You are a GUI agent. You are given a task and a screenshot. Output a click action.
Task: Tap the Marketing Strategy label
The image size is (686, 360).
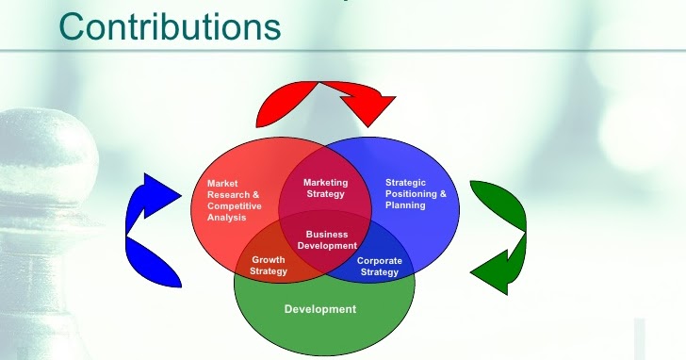(326, 188)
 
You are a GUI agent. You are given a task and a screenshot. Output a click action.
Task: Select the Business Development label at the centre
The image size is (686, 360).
(327, 239)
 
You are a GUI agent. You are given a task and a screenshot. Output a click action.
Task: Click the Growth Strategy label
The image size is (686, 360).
(269, 265)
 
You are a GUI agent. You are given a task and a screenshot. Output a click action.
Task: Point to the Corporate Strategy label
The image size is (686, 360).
(380, 266)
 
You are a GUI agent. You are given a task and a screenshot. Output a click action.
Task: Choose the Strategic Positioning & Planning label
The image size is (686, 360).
(416, 193)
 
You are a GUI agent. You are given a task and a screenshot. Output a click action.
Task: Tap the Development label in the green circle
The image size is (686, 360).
(320, 309)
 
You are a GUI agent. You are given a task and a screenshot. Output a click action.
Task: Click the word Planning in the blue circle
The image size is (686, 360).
(406, 205)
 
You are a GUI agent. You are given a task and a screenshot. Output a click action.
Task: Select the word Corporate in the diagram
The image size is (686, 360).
(380, 260)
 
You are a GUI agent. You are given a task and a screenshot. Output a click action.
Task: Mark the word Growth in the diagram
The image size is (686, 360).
(269, 259)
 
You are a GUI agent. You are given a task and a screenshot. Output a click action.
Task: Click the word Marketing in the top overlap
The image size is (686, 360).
(326, 182)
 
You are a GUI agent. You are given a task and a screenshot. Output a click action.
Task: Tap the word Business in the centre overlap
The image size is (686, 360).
(327, 234)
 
